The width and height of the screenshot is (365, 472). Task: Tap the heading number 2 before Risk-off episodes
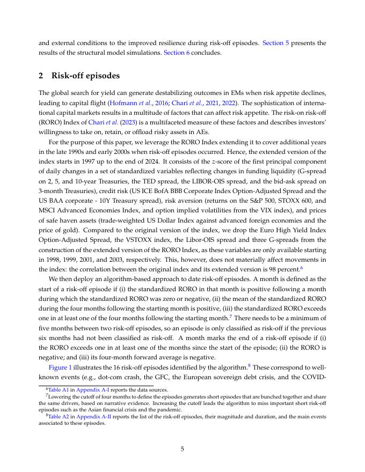click(x=41, y=75)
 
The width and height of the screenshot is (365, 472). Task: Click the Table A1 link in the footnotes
click(x=57, y=390)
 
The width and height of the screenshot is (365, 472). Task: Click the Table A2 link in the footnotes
click(x=57, y=416)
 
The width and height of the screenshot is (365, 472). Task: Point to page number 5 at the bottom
click(x=182, y=449)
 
